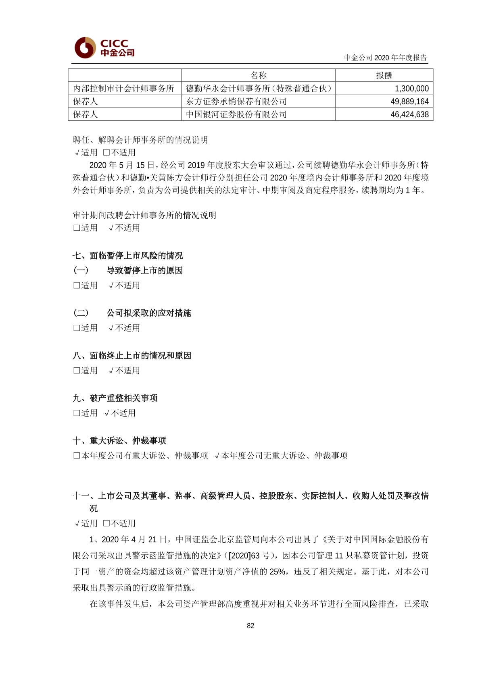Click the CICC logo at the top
point(104,48)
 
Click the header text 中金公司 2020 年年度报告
point(385,58)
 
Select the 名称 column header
point(258,75)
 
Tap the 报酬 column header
point(384,75)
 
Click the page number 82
point(250,626)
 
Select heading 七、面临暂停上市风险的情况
point(128,255)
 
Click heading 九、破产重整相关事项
point(115,398)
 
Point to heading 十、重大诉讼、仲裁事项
point(119,440)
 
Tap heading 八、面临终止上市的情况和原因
point(132,355)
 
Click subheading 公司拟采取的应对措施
point(149,313)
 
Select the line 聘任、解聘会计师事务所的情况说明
point(140,140)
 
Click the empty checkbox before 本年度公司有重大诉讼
point(77,456)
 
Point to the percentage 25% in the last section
point(278,572)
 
